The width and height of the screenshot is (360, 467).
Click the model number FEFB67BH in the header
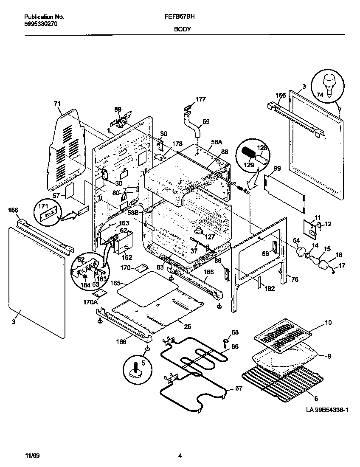click(x=177, y=17)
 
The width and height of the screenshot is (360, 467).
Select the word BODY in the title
click(x=182, y=29)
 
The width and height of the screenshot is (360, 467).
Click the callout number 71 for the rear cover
click(x=57, y=103)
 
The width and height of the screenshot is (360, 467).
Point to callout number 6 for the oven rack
click(x=316, y=398)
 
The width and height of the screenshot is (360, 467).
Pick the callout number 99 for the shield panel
click(x=277, y=169)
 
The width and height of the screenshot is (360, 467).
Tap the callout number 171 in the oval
click(x=44, y=205)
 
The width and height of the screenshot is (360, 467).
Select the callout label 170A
click(x=90, y=302)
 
